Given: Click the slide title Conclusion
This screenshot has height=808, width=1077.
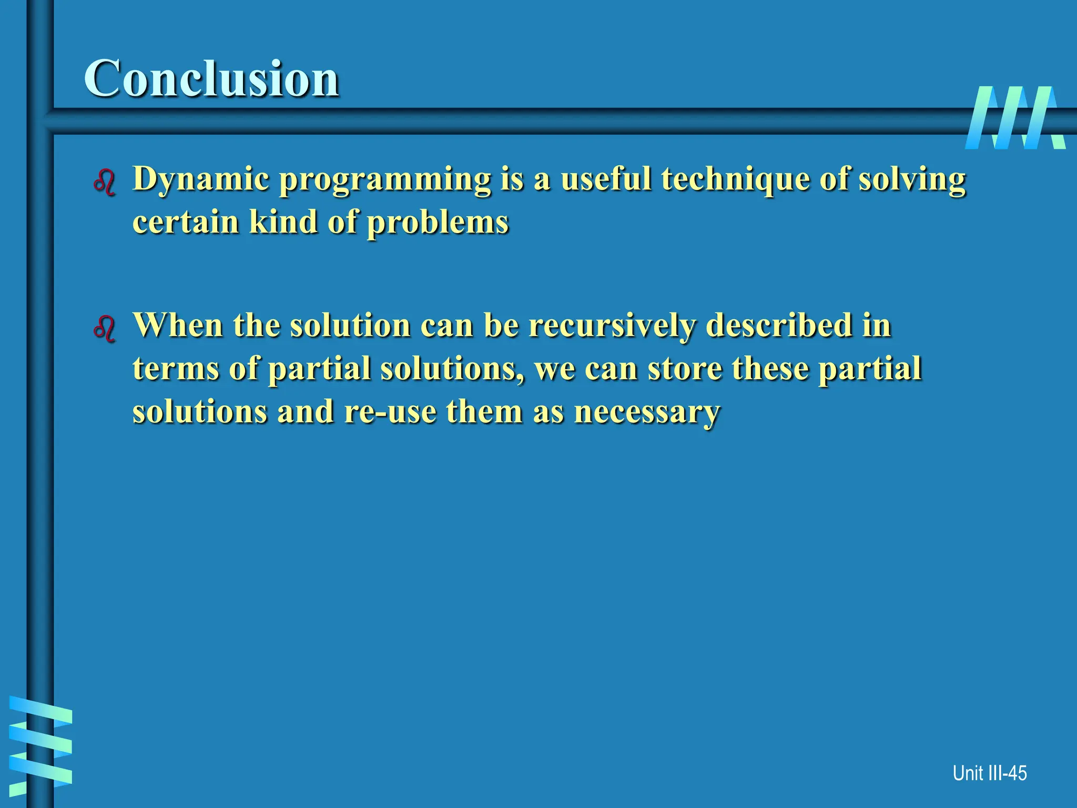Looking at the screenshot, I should coord(211,79).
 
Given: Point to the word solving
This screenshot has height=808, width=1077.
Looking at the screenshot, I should coord(912,180).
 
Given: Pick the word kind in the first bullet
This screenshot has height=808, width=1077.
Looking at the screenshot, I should coord(283,221).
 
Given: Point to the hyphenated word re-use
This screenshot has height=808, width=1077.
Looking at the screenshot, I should coord(390,411).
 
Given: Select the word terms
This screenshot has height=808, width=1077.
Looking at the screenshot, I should coord(176,369).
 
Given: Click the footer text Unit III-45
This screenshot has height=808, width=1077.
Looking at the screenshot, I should coord(989,773).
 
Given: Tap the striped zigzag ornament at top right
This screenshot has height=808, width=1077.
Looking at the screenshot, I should coord(1015,118).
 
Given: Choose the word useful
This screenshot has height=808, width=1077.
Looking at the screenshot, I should coord(606,179).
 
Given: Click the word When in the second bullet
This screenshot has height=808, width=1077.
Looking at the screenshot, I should coord(178,326).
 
